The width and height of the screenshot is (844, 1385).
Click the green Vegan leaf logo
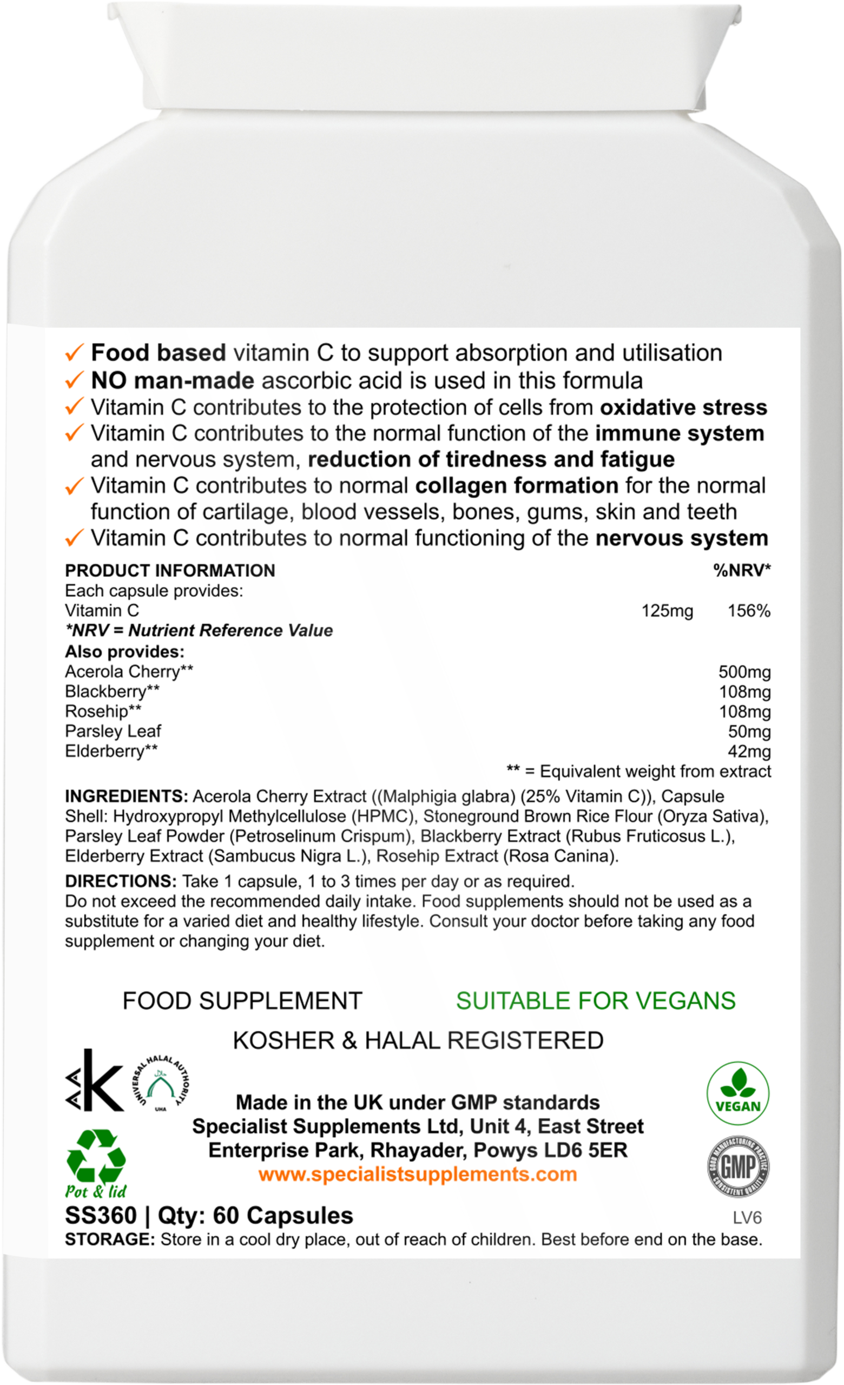click(x=737, y=1093)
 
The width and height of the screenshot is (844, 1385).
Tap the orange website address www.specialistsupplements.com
click(x=418, y=1174)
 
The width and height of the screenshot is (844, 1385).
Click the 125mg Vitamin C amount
click(x=667, y=611)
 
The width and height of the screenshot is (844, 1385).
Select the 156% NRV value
click(x=748, y=611)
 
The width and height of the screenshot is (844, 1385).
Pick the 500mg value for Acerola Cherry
click(x=744, y=672)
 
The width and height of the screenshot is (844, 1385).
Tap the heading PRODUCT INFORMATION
click(x=170, y=571)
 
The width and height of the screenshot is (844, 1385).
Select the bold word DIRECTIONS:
click(x=121, y=881)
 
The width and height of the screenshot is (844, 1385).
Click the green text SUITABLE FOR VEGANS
click(x=596, y=1001)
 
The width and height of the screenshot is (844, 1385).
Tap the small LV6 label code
click(x=747, y=1218)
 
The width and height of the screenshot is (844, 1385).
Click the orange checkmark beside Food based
click(x=74, y=354)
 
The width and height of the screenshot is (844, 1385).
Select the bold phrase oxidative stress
click(x=683, y=407)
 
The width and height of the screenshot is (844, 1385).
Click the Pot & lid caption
click(x=96, y=1192)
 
